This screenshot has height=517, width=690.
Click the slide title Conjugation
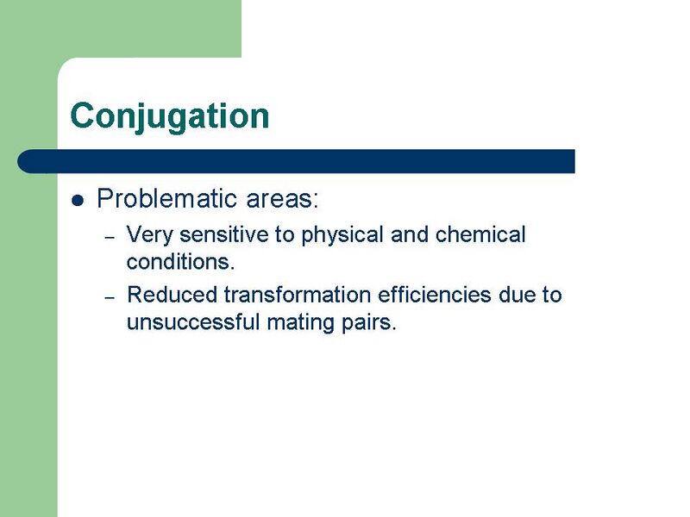(170, 116)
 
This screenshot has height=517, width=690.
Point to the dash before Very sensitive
(110, 236)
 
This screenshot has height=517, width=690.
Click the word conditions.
(180, 260)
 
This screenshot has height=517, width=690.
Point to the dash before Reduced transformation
(110, 296)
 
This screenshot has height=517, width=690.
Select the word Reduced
(172, 295)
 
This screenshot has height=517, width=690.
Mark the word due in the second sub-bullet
(518, 295)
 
